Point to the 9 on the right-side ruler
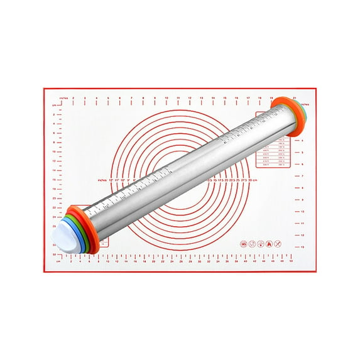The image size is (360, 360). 302,199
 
